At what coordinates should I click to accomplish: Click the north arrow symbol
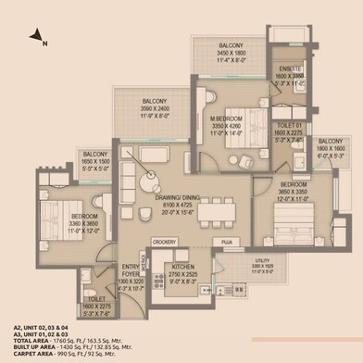(x=38, y=37)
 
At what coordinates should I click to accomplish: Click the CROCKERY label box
(x=164, y=242)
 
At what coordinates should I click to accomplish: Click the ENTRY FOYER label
(x=131, y=273)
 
